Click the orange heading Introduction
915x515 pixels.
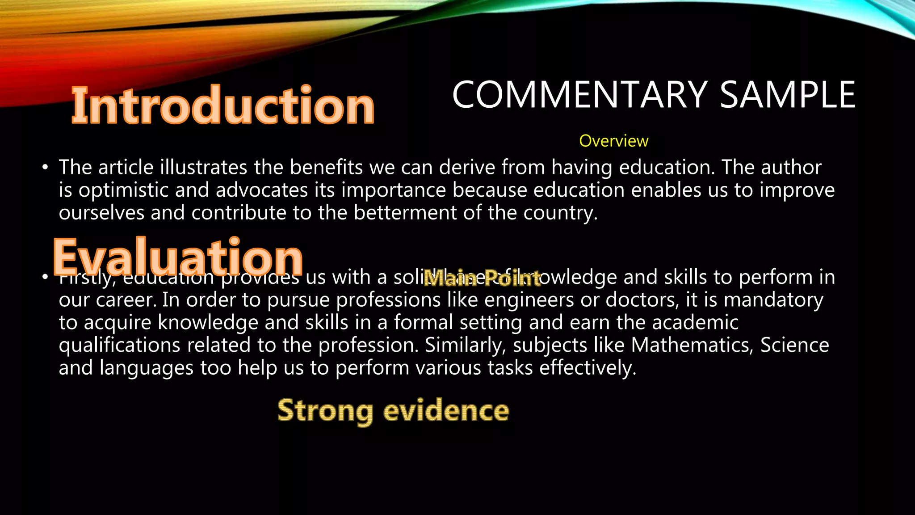coord(222,106)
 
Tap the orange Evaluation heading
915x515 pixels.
coord(178,257)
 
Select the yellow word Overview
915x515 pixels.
coord(613,141)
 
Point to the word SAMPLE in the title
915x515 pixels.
coord(788,95)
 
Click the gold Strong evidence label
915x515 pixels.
coord(393,410)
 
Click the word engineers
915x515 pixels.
coord(529,300)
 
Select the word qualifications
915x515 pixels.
coord(120,346)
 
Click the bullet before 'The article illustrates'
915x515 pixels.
coord(45,168)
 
